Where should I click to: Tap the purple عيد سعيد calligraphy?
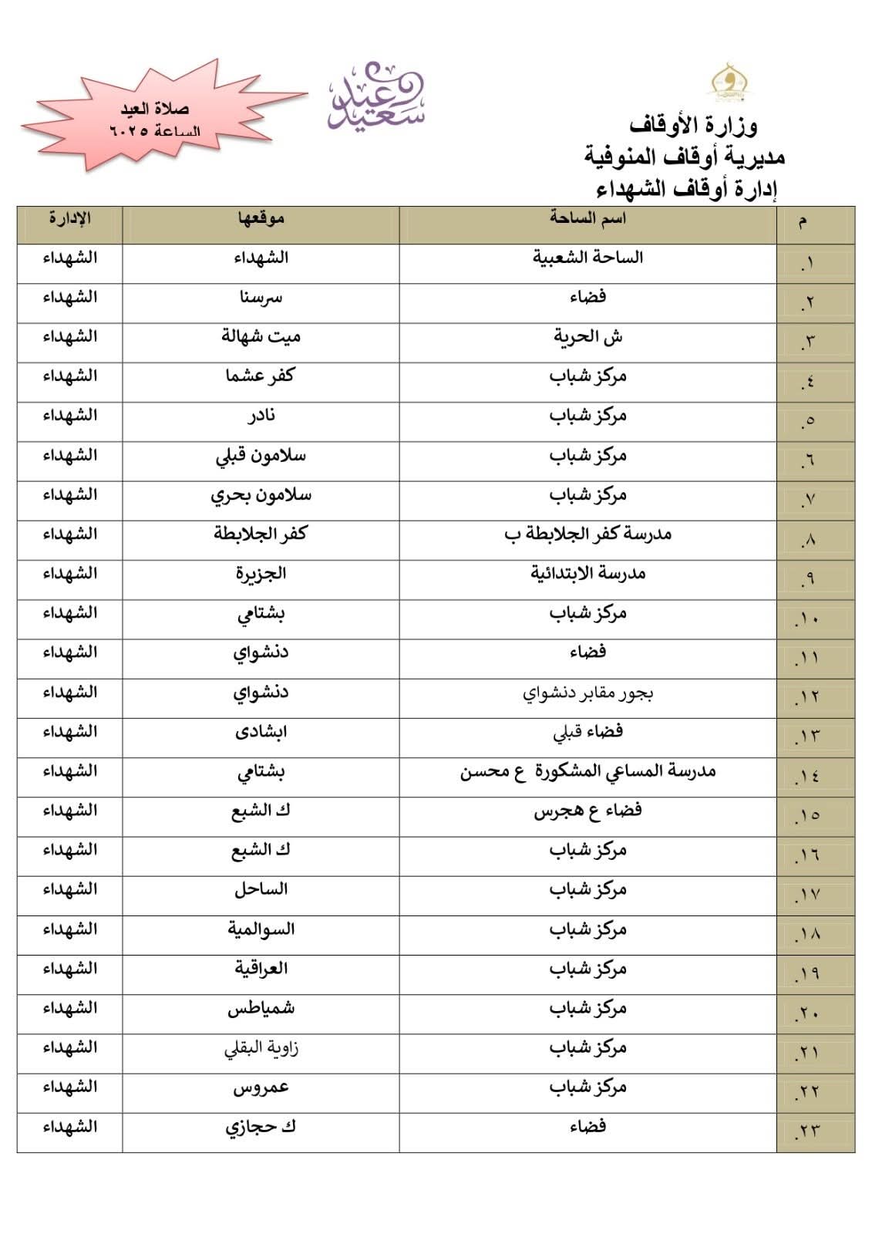376,96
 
